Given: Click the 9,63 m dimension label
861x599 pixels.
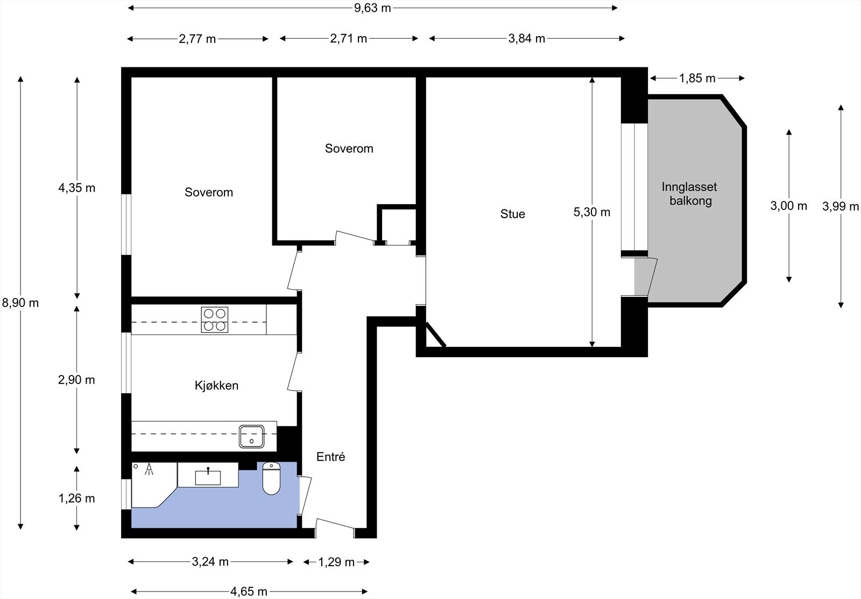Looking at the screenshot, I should (x=372, y=8).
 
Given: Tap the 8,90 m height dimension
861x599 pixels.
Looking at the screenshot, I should (x=20, y=303).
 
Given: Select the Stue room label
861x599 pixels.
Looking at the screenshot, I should (x=512, y=214).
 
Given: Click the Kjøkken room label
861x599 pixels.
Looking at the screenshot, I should (x=216, y=386).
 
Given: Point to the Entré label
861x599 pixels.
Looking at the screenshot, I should (x=330, y=457).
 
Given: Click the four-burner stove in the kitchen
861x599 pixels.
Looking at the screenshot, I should (x=215, y=319).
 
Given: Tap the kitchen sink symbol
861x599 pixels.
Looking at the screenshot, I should (x=251, y=436).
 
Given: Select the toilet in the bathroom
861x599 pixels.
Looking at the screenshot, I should (x=271, y=479).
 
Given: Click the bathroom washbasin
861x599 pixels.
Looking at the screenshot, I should (x=208, y=476).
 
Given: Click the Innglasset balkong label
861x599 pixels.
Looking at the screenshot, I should (x=689, y=194).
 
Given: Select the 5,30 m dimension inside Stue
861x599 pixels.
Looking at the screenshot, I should (x=592, y=212).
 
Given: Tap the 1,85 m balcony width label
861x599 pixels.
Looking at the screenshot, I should (x=697, y=79).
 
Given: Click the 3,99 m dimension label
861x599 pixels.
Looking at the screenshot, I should (x=841, y=206).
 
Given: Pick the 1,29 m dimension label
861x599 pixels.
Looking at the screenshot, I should (x=336, y=562).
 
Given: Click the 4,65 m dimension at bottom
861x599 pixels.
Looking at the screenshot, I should (x=249, y=591).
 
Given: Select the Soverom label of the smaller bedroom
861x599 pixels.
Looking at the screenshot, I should (x=349, y=149).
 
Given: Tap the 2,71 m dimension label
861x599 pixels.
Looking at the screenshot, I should (x=349, y=39).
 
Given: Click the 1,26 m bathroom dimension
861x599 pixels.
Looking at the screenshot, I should (x=76, y=498).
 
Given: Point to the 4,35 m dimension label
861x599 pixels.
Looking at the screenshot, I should (x=76, y=188).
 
